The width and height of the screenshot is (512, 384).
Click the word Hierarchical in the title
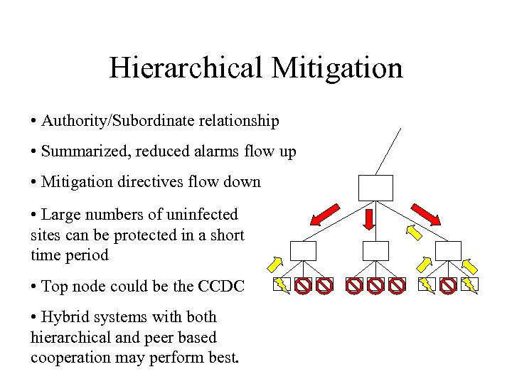pos(187,68)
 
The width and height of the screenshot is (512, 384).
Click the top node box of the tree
pos(375,188)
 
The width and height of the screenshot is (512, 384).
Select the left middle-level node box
pos(303,251)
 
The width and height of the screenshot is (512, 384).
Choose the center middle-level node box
pos(375,251)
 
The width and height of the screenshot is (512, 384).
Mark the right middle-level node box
pos(448,251)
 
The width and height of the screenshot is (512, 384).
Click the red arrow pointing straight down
pos(369,219)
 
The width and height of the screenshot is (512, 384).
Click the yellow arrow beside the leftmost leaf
pos(274,264)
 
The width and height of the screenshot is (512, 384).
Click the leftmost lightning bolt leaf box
pos(282,285)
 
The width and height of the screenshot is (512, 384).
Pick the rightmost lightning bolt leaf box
pos(469,285)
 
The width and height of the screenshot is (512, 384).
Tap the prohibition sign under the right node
pos(448,286)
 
